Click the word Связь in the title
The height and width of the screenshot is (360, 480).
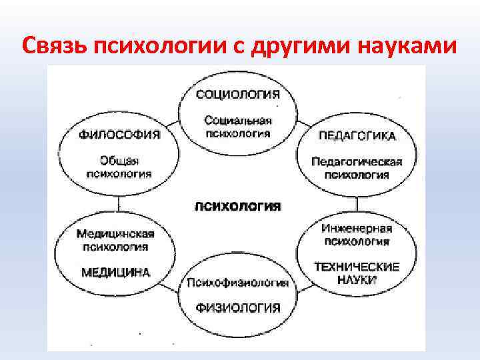coord(57,46)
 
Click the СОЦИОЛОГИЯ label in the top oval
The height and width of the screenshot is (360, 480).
coord(237,94)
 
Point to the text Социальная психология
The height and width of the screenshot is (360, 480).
coord(237,126)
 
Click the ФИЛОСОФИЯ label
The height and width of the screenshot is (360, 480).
coord(120,135)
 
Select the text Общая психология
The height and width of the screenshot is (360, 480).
coord(120,167)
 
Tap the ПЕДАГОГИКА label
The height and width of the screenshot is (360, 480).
coord(357,136)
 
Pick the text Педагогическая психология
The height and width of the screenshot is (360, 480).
coord(357,168)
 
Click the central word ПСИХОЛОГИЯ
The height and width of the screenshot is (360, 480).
coord(238,205)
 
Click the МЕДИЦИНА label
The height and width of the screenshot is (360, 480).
coord(115,272)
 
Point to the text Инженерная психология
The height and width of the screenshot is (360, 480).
coord(357,234)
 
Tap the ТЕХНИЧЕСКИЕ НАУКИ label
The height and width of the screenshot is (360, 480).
coord(357,273)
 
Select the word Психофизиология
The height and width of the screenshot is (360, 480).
coord(238,283)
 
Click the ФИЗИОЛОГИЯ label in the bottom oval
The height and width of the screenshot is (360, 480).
coord(238,307)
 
